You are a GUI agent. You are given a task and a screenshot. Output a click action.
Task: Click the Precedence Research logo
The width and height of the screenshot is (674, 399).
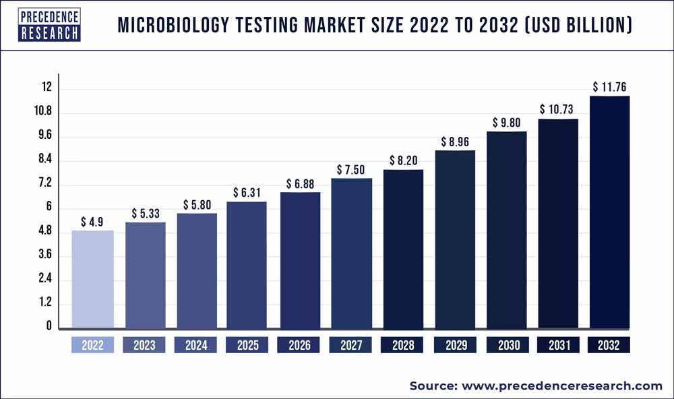[x=49, y=25]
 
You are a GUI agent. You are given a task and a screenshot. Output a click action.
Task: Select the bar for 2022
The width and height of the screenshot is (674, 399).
[x=92, y=280]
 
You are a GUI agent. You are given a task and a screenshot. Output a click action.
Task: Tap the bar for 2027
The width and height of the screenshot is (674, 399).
[x=352, y=253]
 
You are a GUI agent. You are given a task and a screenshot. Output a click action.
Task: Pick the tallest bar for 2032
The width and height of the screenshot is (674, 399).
[x=609, y=212]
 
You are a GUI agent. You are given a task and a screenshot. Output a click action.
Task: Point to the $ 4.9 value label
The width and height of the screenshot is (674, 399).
[x=92, y=221]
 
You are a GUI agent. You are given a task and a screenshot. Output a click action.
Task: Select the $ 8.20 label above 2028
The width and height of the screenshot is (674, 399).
[x=403, y=160]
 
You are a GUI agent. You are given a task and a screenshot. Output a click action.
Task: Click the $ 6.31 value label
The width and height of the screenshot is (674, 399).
[x=247, y=193]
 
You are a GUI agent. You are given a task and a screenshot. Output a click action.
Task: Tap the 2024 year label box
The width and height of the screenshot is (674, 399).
[x=195, y=345]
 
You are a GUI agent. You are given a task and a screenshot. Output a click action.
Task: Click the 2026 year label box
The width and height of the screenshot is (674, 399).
[x=299, y=345]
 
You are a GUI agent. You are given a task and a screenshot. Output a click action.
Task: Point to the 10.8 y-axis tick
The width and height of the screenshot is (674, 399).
[x=44, y=112]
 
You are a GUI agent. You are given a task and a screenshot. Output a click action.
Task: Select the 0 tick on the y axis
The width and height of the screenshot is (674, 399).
[x=48, y=327]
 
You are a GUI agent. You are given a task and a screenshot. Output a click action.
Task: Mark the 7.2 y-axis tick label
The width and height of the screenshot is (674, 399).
[x=44, y=184]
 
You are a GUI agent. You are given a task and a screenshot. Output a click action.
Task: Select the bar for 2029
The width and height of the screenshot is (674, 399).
[x=455, y=239]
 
